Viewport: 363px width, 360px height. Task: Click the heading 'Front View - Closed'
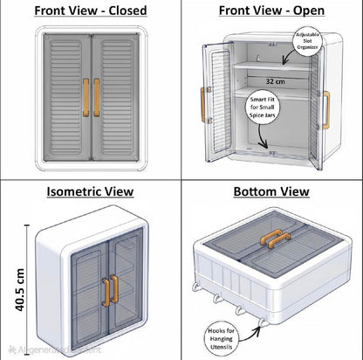point(90,10)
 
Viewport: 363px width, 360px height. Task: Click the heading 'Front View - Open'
point(271,10)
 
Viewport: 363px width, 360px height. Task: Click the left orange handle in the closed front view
point(85,93)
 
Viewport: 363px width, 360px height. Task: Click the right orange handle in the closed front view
point(94,93)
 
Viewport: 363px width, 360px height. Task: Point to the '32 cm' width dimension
point(272,80)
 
